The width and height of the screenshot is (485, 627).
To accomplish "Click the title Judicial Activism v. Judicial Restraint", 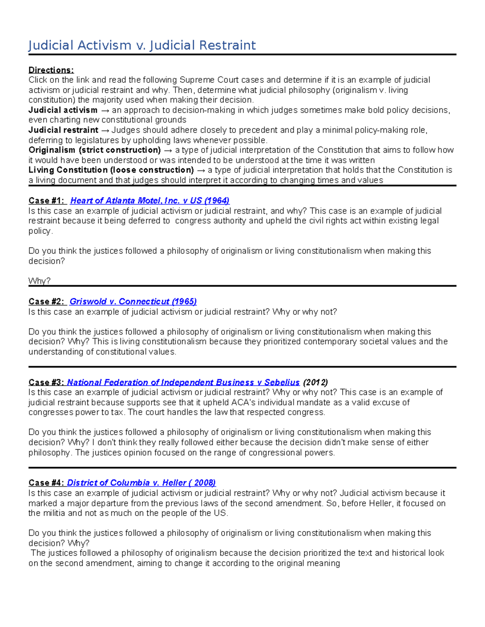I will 142,45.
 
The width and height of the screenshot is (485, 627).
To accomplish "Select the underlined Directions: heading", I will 51,70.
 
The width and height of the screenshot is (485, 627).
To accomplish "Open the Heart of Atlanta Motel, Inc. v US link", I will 150,201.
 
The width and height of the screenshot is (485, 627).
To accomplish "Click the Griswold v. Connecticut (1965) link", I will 133,302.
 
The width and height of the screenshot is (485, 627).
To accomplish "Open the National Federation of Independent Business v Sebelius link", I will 183,382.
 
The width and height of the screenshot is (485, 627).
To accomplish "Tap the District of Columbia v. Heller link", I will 141,483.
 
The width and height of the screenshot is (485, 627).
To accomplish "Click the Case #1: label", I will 46,201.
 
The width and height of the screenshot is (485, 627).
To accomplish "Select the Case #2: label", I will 46,302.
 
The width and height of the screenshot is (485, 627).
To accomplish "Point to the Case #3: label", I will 46,382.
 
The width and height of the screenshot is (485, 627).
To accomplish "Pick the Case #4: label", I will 46,483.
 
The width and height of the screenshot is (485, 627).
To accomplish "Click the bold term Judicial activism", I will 63,110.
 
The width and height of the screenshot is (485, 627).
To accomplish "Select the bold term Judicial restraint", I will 63,130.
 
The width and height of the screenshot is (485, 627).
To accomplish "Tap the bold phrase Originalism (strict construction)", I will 95,150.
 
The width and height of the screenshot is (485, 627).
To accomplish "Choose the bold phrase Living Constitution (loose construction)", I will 111,170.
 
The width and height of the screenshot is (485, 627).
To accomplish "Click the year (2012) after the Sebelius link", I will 315,382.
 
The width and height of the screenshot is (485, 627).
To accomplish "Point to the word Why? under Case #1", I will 39,281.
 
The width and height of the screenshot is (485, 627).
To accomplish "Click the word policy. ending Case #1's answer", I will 40,231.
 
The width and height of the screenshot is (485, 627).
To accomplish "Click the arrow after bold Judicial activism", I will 105,110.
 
